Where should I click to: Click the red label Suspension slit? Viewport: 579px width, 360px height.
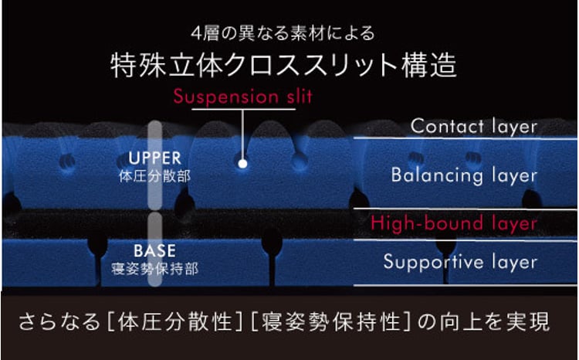[242, 97]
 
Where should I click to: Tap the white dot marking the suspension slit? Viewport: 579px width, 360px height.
[242, 163]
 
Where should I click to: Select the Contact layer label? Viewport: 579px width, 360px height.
[473, 126]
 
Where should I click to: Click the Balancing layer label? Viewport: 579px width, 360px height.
[463, 175]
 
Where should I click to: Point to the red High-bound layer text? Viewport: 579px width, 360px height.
[453, 224]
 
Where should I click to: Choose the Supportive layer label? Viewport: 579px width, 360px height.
[460, 262]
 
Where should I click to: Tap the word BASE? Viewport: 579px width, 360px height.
[154, 251]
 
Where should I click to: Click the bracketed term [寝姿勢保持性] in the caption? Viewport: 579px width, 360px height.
[323, 321]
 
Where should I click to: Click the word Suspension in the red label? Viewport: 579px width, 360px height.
[214, 97]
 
